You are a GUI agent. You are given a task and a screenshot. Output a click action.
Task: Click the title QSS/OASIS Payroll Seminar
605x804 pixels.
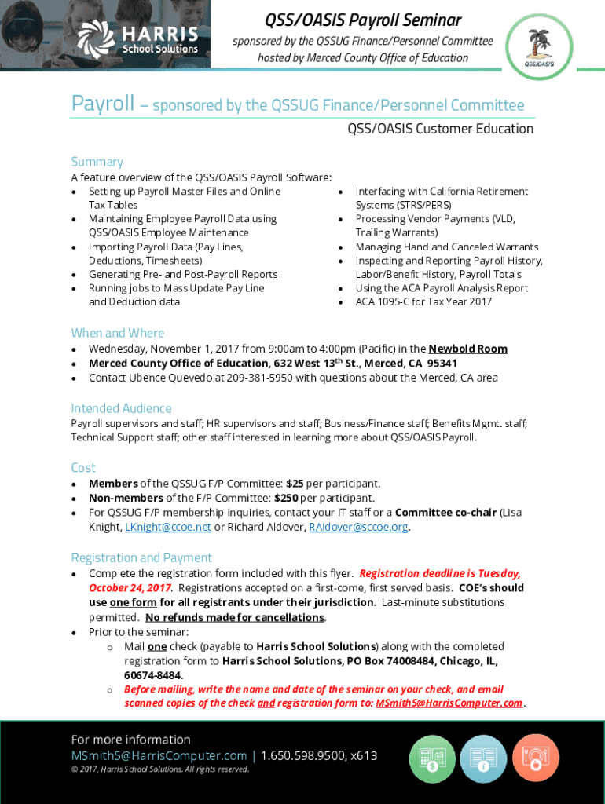point(362,19)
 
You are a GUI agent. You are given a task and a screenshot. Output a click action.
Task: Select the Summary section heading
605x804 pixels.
point(97,162)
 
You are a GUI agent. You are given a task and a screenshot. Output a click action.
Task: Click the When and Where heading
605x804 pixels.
point(118,333)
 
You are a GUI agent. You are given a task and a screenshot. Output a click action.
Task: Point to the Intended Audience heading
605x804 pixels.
point(121,408)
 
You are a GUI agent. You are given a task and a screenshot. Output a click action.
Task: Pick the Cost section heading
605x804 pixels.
point(83,468)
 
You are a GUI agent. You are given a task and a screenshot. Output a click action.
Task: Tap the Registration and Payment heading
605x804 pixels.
point(141,557)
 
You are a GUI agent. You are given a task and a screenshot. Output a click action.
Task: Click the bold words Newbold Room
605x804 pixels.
point(467,349)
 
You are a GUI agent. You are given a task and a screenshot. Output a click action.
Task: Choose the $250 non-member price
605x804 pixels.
point(286,498)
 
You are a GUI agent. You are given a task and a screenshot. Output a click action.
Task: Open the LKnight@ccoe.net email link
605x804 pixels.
point(168,527)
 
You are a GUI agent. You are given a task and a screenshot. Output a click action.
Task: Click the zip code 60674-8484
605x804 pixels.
point(153,675)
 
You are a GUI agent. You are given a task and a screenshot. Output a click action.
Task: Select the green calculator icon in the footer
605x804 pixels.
point(432,759)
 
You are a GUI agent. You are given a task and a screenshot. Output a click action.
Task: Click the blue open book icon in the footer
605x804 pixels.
point(483,759)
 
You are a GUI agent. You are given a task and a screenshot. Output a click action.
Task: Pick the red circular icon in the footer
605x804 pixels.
point(536,759)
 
